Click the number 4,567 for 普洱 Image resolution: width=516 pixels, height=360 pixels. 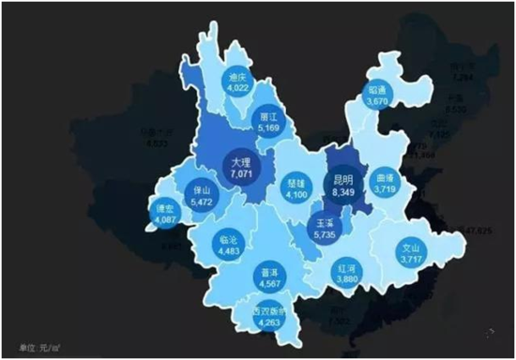(x=266, y=284)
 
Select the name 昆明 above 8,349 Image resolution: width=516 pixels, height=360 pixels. (x=341, y=180)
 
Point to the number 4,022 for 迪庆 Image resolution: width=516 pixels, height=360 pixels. (x=236, y=90)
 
